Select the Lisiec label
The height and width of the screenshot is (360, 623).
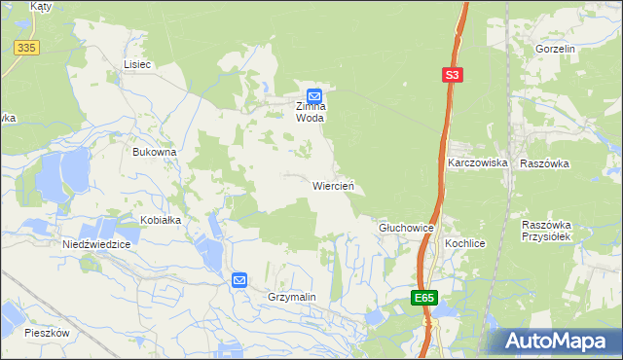pyautogui.click(x=137, y=64)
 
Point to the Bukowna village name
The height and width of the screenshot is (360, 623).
pyautogui.click(x=154, y=152)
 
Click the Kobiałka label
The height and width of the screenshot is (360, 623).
pyautogui.click(x=161, y=220)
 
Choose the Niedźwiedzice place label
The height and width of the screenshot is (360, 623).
pyautogui.click(x=96, y=245)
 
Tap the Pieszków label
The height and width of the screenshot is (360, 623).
pyautogui.click(x=48, y=332)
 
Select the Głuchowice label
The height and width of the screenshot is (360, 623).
pyautogui.click(x=405, y=227)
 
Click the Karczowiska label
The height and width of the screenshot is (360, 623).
pyautogui.click(x=478, y=163)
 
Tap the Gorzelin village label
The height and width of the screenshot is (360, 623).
pyautogui.click(x=556, y=48)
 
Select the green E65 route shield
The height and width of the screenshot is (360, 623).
pyautogui.click(x=423, y=298)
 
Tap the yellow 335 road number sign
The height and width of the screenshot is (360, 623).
pyautogui.click(x=26, y=48)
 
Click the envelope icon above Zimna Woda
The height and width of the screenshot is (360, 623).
pyautogui.click(x=314, y=95)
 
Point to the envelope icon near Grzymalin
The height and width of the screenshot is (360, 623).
pyautogui.click(x=239, y=280)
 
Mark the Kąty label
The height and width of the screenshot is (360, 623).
pyautogui.click(x=41, y=6)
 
